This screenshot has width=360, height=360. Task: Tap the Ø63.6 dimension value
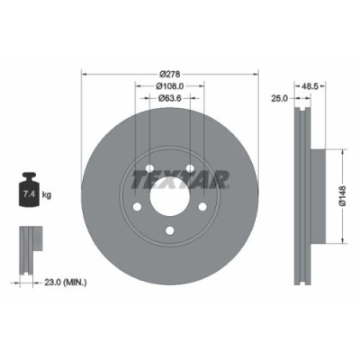(x=168, y=98)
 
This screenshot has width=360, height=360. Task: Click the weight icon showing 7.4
(x=27, y=192)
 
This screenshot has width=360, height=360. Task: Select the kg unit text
(x=47, y=193)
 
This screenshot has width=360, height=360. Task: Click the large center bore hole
(x=168, y=200)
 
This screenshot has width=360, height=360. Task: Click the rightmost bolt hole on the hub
(x=202, y=211)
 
